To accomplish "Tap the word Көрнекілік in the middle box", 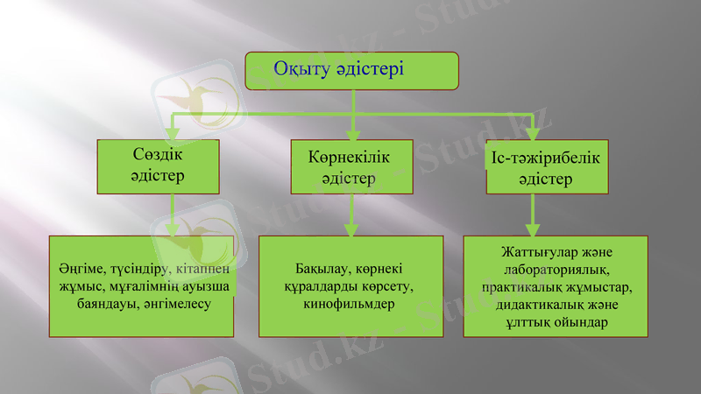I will click(349, 158).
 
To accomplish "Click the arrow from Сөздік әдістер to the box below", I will click(173, 215).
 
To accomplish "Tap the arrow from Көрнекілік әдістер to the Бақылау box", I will click(351, 215).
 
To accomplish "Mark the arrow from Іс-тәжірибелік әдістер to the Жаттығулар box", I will click(533, 215).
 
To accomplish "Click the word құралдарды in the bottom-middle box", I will click(318, 286).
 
